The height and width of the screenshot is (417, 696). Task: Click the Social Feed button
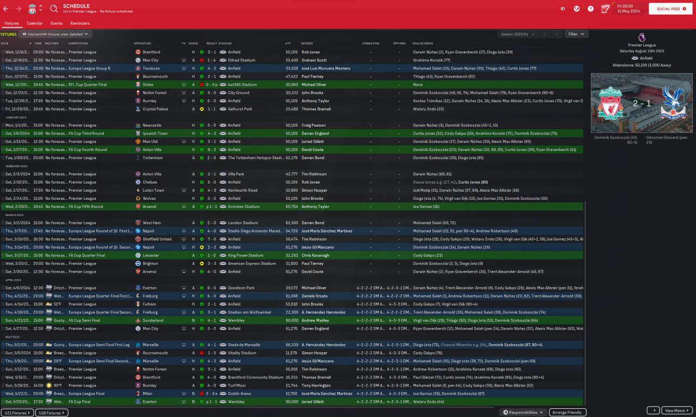coord(670,9)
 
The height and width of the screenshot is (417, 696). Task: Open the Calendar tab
coord(35,23)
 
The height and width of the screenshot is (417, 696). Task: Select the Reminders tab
coord(80,23)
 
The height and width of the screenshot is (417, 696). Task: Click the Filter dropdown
coord(576,34)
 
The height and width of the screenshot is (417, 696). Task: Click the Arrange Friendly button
coord(568,413)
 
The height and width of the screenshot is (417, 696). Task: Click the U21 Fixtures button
coord(17,413)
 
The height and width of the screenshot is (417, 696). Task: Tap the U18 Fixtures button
coord(52,413)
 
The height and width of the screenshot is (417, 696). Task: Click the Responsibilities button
coord(523,413)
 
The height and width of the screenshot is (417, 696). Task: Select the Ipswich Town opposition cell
coord(155,134)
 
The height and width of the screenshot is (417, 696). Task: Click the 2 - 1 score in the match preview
coord(641,103)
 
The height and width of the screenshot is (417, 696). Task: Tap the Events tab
coord(57,23)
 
